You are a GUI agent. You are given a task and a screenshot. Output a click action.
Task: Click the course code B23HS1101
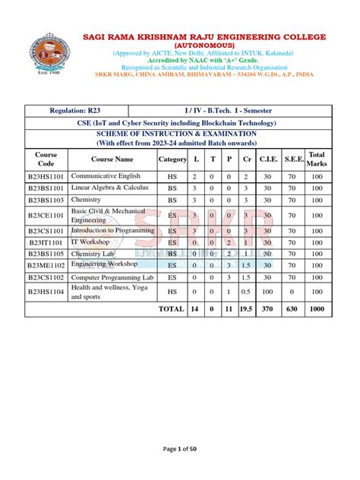(x=46, y=175)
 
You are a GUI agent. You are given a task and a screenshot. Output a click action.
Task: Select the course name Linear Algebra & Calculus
(x=106, y=188)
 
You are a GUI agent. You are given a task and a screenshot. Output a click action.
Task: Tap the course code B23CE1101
(x=46, y=215)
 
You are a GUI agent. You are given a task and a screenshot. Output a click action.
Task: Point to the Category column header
(x=172, y=159)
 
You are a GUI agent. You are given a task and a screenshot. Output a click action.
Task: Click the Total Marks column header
(x=316, y=159)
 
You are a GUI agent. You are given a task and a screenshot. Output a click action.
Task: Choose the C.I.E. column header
(x=267, y=159)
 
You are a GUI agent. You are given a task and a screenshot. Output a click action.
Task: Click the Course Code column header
(x=46, y=159)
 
